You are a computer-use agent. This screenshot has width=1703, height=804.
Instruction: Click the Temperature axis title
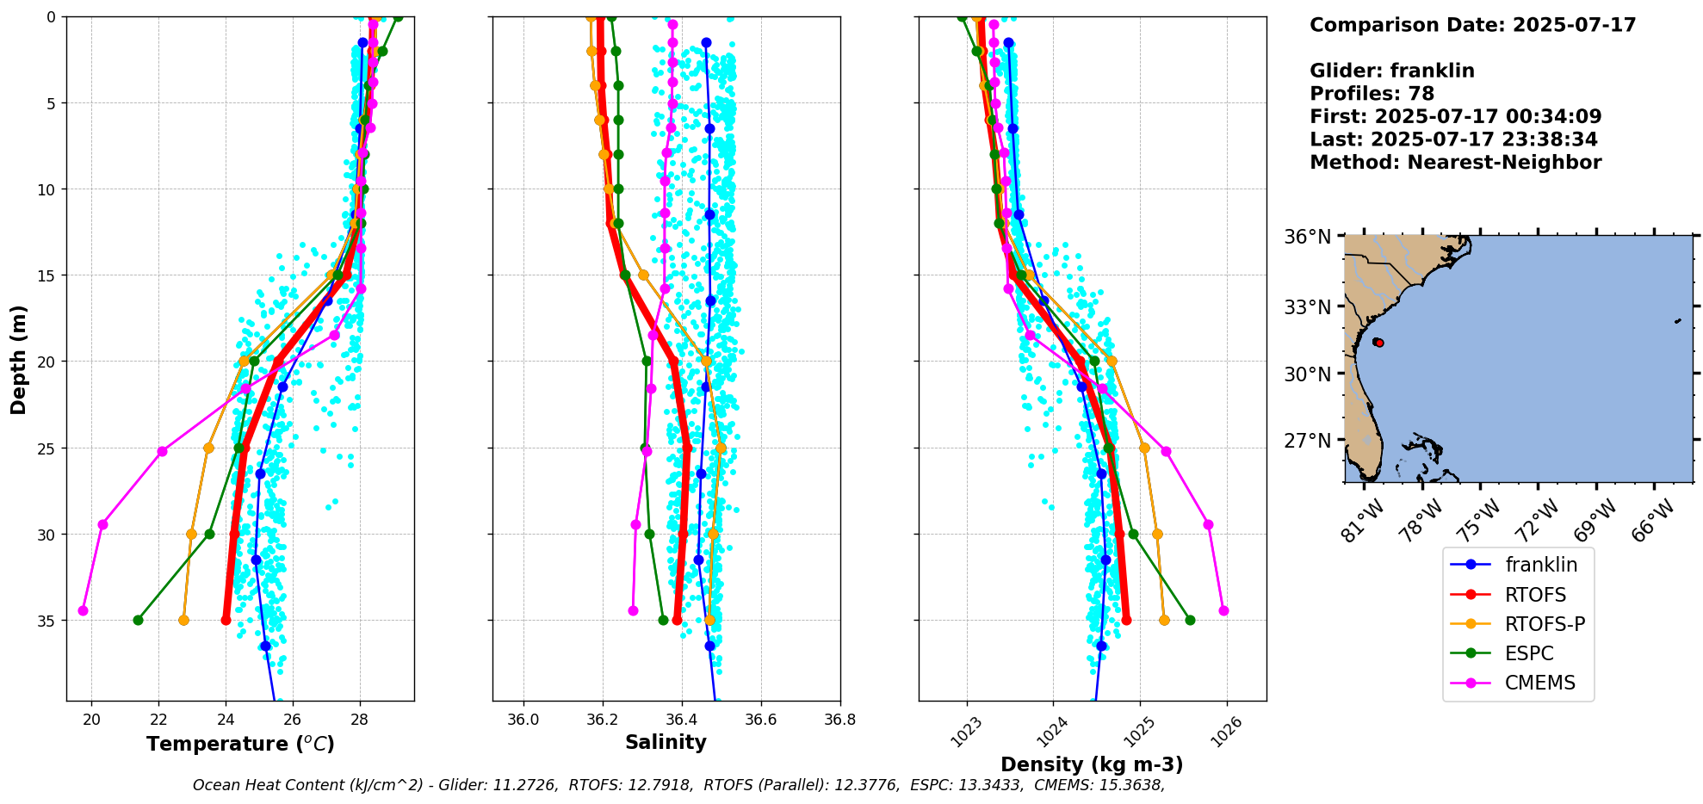(x=240, y=744)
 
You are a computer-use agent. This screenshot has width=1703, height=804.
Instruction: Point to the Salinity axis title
(x=666, y=742)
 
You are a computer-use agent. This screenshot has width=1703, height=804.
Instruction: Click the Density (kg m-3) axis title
(x=1092, y=764)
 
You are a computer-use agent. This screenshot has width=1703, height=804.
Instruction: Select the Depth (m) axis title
(x=18, y=359)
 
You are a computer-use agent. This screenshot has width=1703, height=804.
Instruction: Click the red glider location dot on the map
(x=1379, y=343)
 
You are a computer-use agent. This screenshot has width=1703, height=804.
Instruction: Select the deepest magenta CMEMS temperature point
(x=83, y=610)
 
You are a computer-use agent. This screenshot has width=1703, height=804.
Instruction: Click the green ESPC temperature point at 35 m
(x=138, y=620)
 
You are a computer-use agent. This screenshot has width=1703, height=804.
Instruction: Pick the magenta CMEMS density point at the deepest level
(x=1223, y=610)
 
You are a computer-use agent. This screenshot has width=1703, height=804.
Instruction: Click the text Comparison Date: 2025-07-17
(x=1472, y=25)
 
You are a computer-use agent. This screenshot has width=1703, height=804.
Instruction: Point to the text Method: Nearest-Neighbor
(x=1455, y=163)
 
